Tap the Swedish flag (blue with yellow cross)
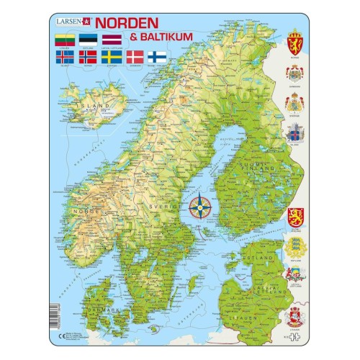pyautogui.click(x=112, y=55)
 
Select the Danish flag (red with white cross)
pyautogui.click(x=135, y=55)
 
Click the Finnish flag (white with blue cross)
pyautogui.click(x=158, y=55)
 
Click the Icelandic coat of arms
pyautogui.click(x=294, y=134)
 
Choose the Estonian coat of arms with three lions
pyautogui.click(x=294, y=246)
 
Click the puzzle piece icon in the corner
pyautogui.click(x=294, y=336)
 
